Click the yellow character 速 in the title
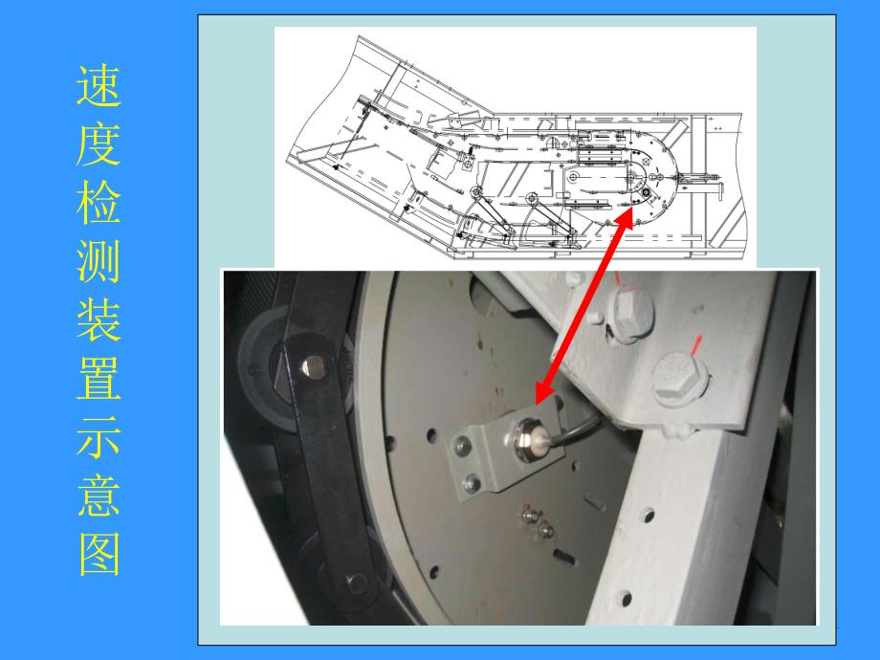click(x=99, y=86)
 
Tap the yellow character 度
click(x=99, y=144)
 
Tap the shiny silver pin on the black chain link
click(x=312, y=367)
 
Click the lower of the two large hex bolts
click(x=680, y=376)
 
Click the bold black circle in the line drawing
click(x=647, y=193)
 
